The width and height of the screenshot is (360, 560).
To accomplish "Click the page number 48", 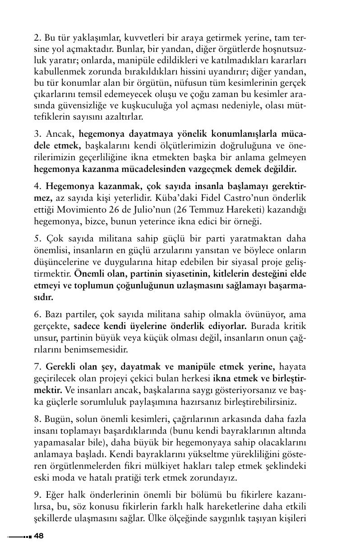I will [39, 536].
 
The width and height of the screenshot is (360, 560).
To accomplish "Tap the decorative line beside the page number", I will [19, 537].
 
